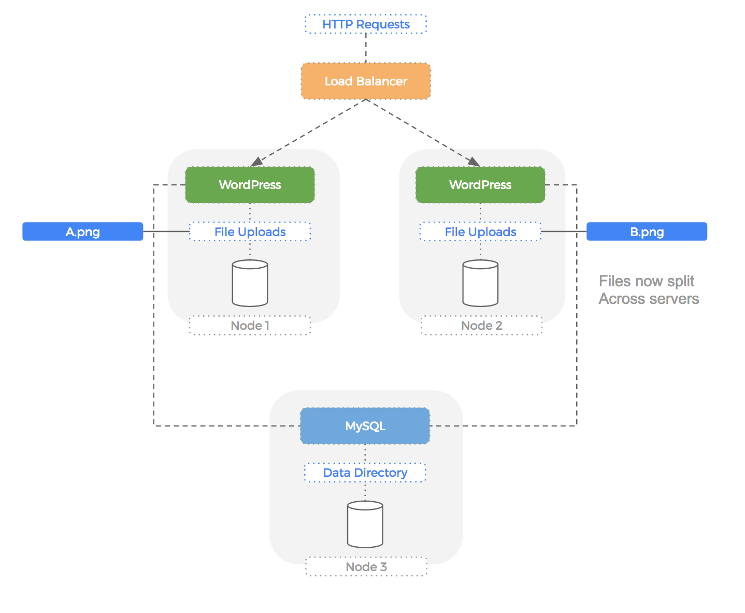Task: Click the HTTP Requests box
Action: (x=366, y=24)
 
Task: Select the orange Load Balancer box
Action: (x=366, y=81)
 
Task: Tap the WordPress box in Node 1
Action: (x=250, y=185)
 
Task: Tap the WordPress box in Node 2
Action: (x=480, y=185)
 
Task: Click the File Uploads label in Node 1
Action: (x=250, y=232)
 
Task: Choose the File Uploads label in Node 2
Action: (x=480, y=232)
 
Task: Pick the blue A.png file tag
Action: (x=83, y=232)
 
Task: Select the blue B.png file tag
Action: (x=647, y=232)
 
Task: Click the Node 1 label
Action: (x=250, y=326)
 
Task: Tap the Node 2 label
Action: (x=481, y=326)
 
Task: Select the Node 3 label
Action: (x=366, y=567)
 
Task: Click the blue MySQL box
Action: (x=365, y=426)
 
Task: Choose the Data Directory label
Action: (x=365, y=473)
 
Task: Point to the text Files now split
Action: (x=646, y=281)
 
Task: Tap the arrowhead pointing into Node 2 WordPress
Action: (x=473, y=162)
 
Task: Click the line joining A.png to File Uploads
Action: (x=166, y=231)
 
